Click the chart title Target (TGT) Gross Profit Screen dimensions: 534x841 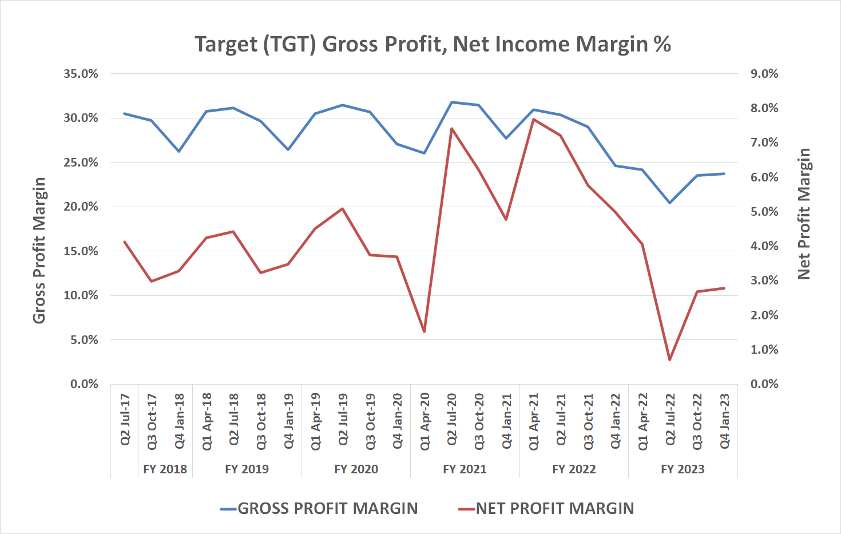pos(433,44)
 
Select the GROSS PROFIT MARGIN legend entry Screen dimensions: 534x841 pos(327,508)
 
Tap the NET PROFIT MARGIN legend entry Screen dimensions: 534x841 pos(554,508)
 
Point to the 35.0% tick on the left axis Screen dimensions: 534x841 pos(81,74)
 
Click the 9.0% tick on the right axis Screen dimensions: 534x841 pos(764,74)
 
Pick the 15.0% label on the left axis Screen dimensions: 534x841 pos(81,251)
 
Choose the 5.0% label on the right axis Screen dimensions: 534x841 pos(764,212)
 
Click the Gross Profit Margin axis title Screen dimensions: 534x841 pos(39,251)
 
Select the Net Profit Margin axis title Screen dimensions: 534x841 pos(804,214)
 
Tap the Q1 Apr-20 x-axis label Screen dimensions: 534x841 pos(425,421)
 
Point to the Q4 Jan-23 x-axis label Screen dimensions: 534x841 pos(724,421)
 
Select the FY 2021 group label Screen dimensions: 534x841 pos(465,469)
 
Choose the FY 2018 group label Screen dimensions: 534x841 pos(165,469)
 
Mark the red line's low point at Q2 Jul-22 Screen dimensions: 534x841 pos(669,360)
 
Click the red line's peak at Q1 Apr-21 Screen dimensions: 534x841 pos(533,119)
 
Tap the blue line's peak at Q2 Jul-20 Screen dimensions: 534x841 pos(451,102)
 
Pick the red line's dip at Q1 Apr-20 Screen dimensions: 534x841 pos(424,332)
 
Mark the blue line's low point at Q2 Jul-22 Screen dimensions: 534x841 pos(669,203)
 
